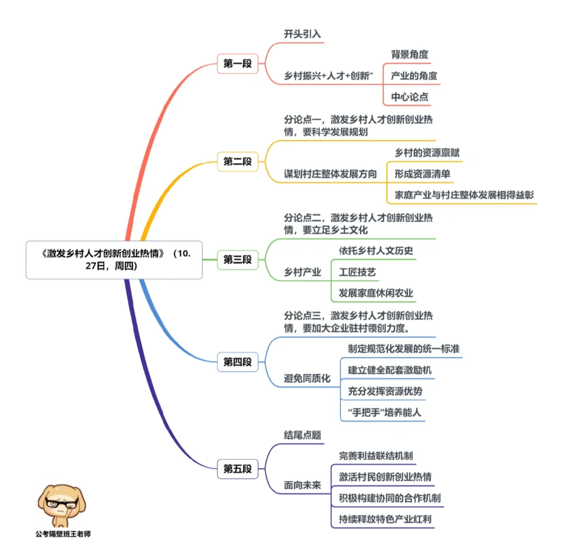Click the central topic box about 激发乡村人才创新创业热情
114,260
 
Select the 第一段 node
238,64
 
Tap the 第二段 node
238,162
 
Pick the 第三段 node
238,259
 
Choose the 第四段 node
238,362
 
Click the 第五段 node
238,469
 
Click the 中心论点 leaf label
410,97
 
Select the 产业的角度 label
414,76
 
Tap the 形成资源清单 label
422,175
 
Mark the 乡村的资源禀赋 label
427,153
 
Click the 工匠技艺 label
358,272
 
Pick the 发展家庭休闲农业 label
376,293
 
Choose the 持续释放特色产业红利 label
385,519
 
